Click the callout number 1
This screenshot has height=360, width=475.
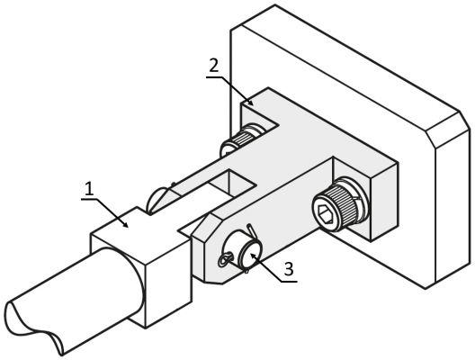(x=89, y=189)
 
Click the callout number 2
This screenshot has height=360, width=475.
(x=214, y=65)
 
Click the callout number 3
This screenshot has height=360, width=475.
(x=289, y=269)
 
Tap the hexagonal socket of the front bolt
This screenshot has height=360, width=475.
(x=326, y=213)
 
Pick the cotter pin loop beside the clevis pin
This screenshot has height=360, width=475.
(x=225, y=260)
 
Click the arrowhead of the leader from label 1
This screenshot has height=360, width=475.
(x=125, y=224)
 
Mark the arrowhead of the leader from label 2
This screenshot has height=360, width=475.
(x=250, y=103)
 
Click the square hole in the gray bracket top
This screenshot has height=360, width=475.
(x=231, y=183)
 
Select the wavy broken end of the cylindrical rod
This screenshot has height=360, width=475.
(x=33, y=328)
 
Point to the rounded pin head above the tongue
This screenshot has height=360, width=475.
(x=157, y=199)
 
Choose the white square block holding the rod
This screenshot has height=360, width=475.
(x=142, y=266)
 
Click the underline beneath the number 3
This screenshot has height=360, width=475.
(x=290, y=282)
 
